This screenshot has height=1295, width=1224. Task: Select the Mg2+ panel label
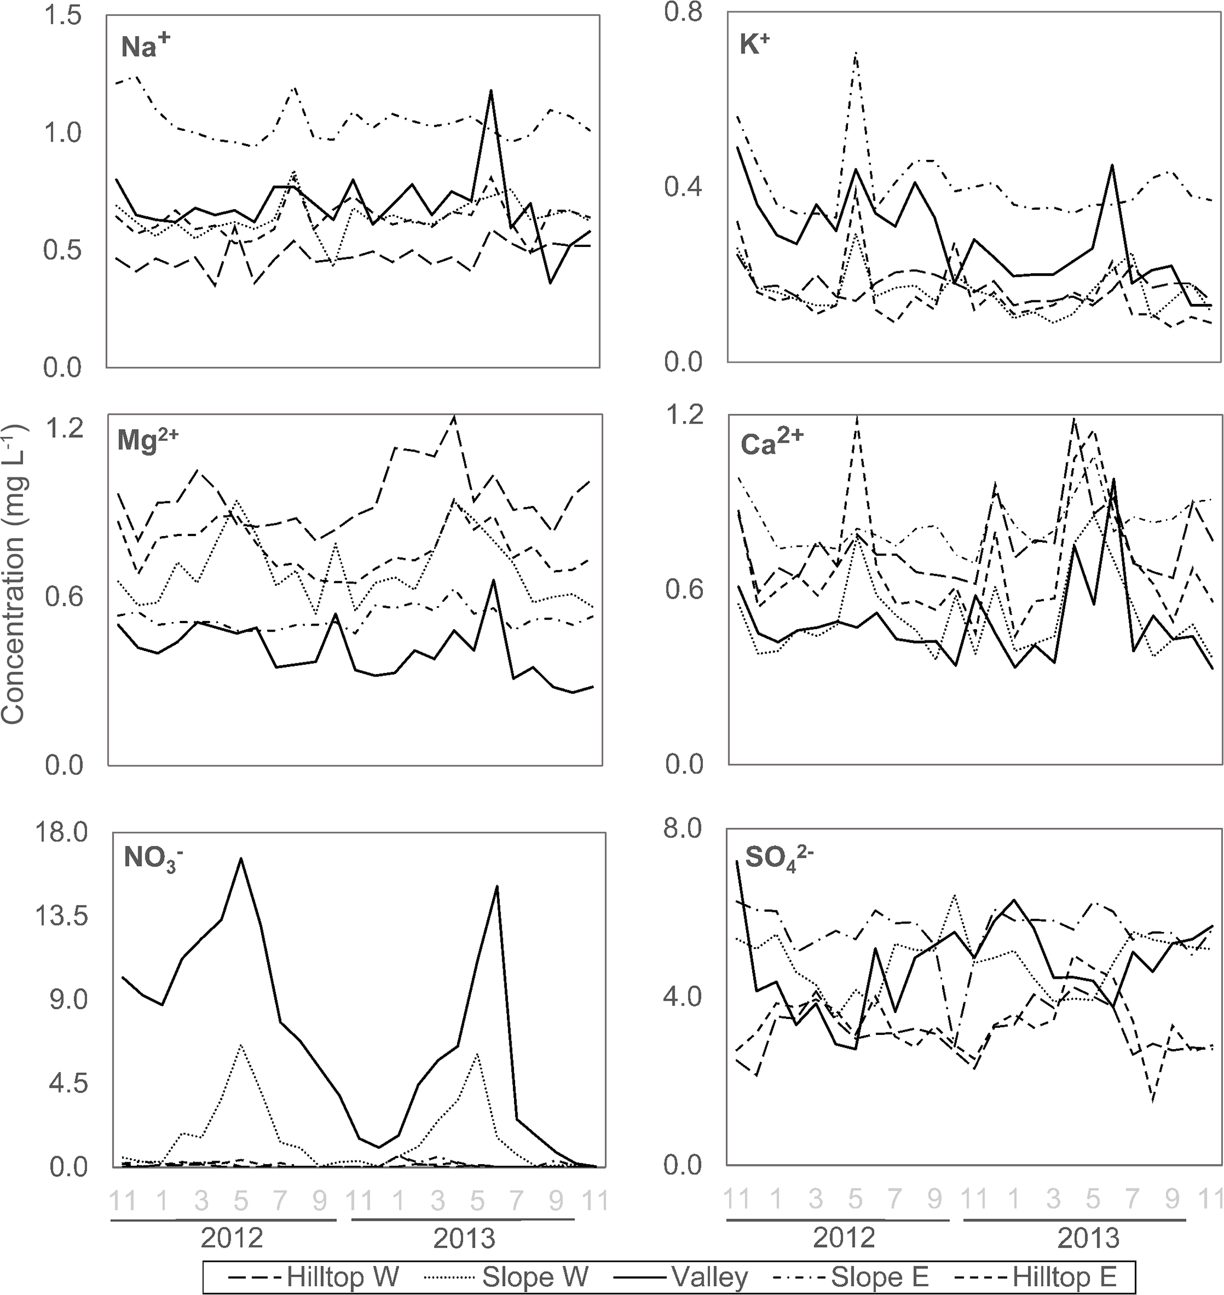tap(147, 441)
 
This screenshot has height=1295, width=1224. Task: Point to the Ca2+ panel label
tap(771, 443)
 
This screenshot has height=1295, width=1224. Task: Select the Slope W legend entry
tap(507, 1275)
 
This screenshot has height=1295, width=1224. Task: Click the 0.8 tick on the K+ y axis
tap(683, 12)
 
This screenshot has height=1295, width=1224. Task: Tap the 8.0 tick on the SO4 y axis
tap(683, 828)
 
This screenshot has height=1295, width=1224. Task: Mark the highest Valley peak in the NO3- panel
tap(241, 858)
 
